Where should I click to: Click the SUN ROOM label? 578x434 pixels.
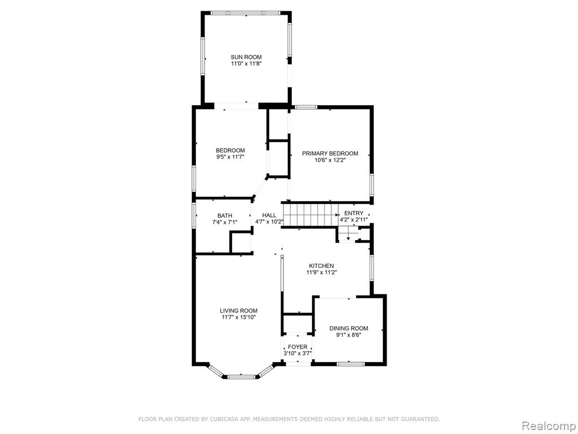pos(246,57)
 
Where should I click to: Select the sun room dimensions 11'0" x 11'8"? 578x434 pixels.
pos(246,63)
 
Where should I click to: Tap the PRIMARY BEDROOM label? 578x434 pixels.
pos(330,154)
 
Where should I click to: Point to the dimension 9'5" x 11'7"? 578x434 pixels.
pos(230,157)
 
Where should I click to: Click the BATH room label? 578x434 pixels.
pos(225,215)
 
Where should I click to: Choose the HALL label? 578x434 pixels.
pos(269,215)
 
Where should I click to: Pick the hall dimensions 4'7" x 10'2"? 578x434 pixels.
pos(269,222)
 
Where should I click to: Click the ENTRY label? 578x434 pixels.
pos(354,213)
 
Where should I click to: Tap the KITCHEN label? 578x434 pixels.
pos(321,266)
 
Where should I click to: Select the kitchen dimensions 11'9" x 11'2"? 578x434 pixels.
pos(322,273)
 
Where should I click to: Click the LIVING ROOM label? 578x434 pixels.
pos(239,311)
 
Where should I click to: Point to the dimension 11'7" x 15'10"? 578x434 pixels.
pos(239,317)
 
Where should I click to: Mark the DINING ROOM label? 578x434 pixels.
pos(349,328)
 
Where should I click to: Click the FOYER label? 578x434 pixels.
pos(297,348)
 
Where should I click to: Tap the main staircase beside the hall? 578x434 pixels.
pos(310,215)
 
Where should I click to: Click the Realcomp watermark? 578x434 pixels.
pos(548,426)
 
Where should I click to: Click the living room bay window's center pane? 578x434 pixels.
pos(241,377)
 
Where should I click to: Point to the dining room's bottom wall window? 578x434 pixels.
pos(351,364)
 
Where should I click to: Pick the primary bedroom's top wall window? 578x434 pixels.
pos(306,107)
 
